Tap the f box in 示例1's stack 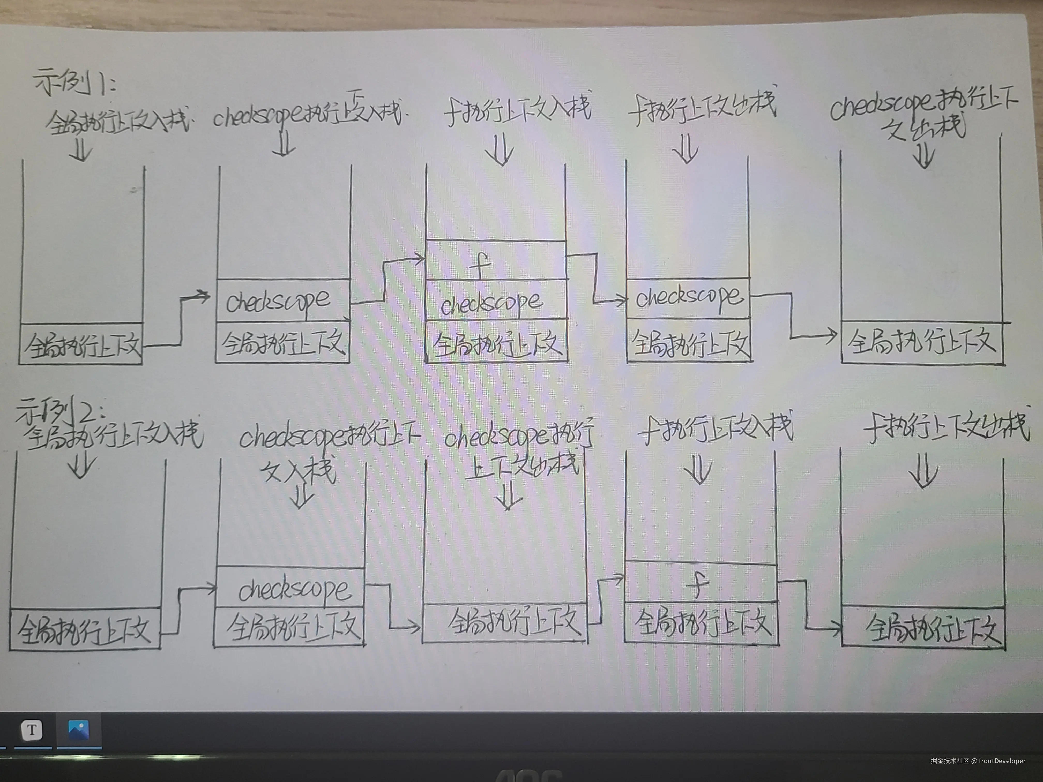click(x=495, y=261)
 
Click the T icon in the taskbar click(x=32, y=730)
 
